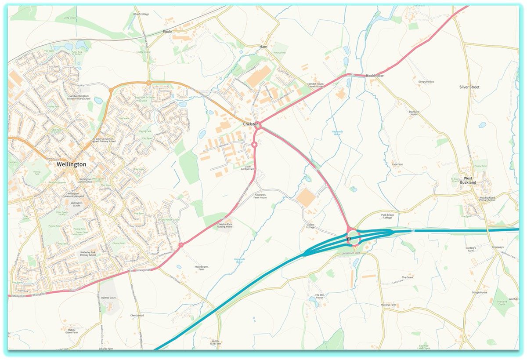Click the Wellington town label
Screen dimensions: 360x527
(71, 164)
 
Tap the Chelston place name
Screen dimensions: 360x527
(251, 125)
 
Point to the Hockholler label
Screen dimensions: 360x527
(375, 76)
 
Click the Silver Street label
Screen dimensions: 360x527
(469, 87)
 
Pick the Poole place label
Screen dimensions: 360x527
(167, 32)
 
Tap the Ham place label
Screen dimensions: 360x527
(263, 47)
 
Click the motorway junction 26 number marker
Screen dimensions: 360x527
(349, 239)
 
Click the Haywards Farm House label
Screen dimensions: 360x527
(260, 196)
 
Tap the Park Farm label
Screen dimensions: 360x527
(397, 164)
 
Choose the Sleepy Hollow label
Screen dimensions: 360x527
(426, 82)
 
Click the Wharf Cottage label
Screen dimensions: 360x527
(141, 14)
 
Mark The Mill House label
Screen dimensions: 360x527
(319, 296)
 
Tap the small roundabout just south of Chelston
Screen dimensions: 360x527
(254, 144)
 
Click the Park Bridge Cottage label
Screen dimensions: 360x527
(386, 216)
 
